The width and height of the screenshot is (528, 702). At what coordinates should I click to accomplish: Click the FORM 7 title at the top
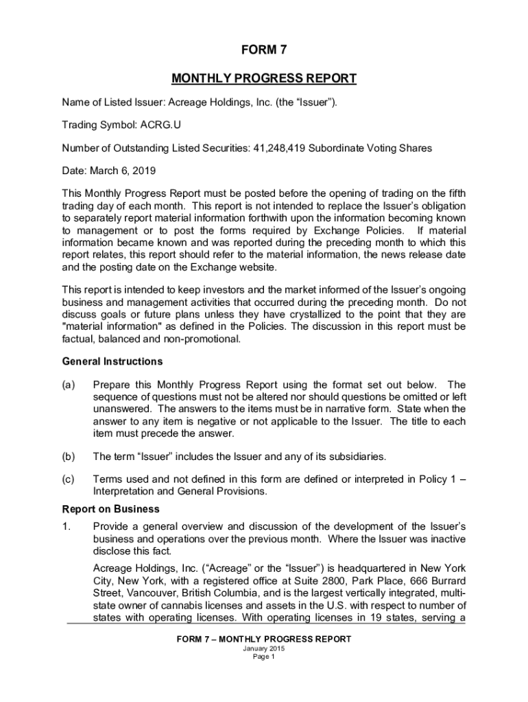[x=263, y=50]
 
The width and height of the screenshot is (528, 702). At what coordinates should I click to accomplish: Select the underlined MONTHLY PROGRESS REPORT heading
[x=263, y=78]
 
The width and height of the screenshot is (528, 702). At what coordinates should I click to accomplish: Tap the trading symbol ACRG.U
[x=161, y=125]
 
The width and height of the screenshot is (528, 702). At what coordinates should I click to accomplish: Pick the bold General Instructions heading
[x=112, y=361]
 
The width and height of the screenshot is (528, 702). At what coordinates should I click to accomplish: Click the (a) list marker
[x=69, y=385]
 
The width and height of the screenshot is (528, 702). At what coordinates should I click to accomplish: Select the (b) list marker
[x=69, y=456]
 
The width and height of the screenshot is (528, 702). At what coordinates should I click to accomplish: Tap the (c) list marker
[x=69, y=479]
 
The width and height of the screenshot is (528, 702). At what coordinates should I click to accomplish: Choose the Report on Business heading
[x=110, y=509]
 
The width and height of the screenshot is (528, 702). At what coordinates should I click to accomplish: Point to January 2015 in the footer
[x=263, y=649]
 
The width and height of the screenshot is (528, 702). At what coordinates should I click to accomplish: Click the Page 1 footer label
[x=263, y=657]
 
